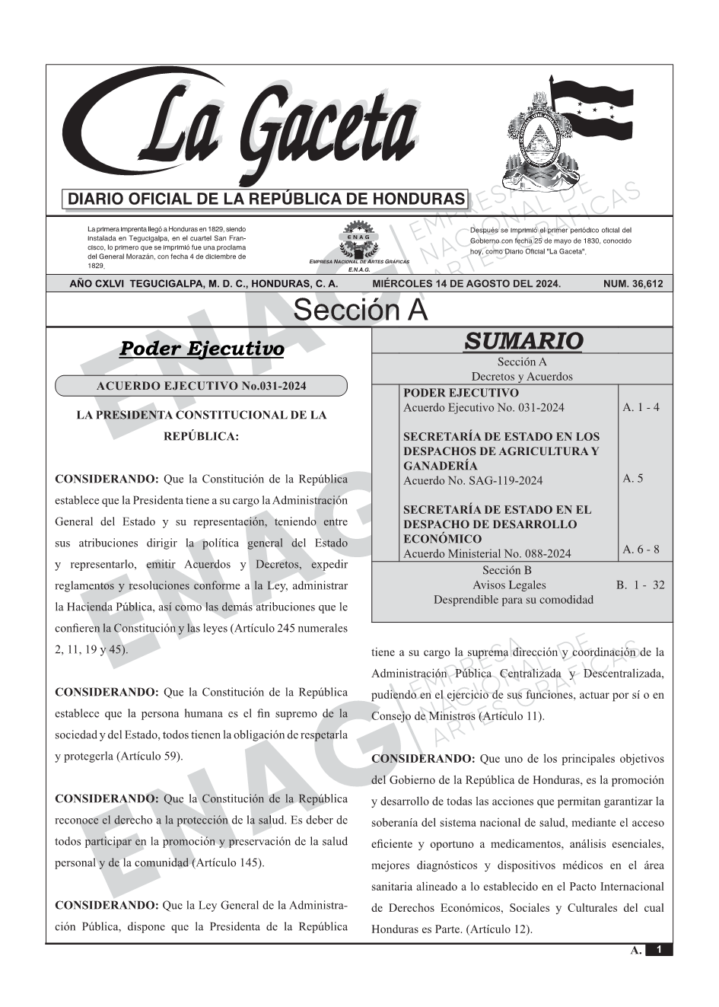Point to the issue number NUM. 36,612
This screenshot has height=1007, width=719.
632,284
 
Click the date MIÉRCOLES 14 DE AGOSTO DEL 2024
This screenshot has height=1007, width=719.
466,284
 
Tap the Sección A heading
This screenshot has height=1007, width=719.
360,311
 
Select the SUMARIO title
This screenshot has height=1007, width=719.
523,342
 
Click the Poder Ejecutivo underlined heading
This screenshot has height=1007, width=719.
202,349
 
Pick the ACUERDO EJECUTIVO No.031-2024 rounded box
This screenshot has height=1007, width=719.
201,386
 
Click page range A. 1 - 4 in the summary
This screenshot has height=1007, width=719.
641,407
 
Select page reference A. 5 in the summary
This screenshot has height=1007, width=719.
632,479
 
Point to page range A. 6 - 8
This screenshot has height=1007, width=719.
641,550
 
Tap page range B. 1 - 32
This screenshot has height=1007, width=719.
640,585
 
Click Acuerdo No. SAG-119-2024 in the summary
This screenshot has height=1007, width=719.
472,480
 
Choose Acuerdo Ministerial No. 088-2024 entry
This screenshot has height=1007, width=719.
486,554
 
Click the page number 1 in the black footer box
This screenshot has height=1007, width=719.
659,950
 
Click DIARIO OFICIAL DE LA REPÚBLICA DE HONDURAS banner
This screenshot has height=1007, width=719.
266,199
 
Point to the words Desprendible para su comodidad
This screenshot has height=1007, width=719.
513,600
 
